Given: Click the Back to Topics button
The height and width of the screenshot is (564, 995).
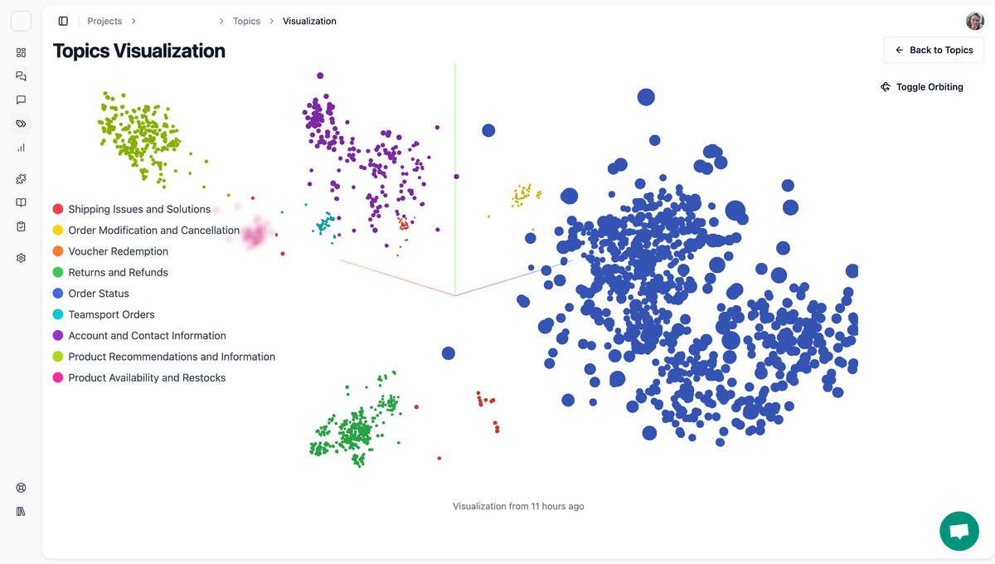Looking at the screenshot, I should coord(934,51).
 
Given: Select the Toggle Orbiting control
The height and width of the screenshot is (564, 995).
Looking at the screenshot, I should coord(922,87).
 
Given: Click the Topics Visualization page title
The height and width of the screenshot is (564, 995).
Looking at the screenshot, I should coord(139,51).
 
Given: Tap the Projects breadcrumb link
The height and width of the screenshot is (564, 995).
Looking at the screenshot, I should coord(104,22).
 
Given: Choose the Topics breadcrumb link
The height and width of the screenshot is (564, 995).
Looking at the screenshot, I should coord(246,22).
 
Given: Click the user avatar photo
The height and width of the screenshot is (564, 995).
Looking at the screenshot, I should coord(974,22).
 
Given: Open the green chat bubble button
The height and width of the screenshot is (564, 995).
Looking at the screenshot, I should coord(959,531).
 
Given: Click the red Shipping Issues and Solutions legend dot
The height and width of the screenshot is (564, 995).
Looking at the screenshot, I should coord(58,210).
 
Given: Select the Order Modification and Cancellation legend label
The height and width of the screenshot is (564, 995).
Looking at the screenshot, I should coord(153,231).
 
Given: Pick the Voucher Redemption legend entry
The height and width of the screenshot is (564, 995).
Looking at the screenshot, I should coord(118,251).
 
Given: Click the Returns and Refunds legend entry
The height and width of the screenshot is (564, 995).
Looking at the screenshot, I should coord(118,273).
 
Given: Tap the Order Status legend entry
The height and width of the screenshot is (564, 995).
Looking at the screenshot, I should coord(99,294).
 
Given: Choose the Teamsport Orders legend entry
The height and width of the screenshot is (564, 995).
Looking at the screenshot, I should coord(111,315).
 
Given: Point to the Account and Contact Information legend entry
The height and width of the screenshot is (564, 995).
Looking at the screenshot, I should coord(147,336).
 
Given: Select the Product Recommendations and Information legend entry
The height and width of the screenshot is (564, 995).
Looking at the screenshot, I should coord(172,357).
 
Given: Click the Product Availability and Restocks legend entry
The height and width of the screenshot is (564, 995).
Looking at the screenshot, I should coord(147,378).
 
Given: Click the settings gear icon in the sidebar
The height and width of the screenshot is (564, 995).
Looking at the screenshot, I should coord(22,258).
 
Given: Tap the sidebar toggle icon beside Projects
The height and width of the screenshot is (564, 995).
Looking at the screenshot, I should coord(63,22).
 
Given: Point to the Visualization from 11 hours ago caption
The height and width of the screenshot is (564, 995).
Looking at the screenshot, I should coord(518,506).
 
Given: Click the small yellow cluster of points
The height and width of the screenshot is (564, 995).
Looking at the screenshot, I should coord(522,196).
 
